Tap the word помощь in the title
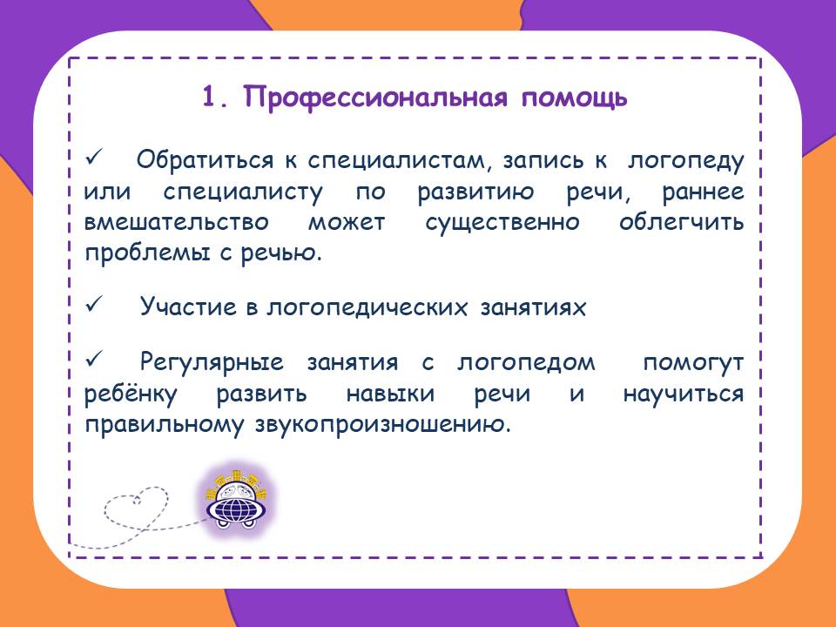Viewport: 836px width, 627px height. [x=574, y=99]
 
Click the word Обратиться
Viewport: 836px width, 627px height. [x=205, y=160]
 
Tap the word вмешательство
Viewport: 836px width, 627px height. [x=177, y=222]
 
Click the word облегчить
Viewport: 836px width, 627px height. [x=681, y=222]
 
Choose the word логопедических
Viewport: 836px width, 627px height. [x=367, y=307]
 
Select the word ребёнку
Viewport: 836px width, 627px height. [x=131, y=394]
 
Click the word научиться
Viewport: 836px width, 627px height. [x=683, y=394]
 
